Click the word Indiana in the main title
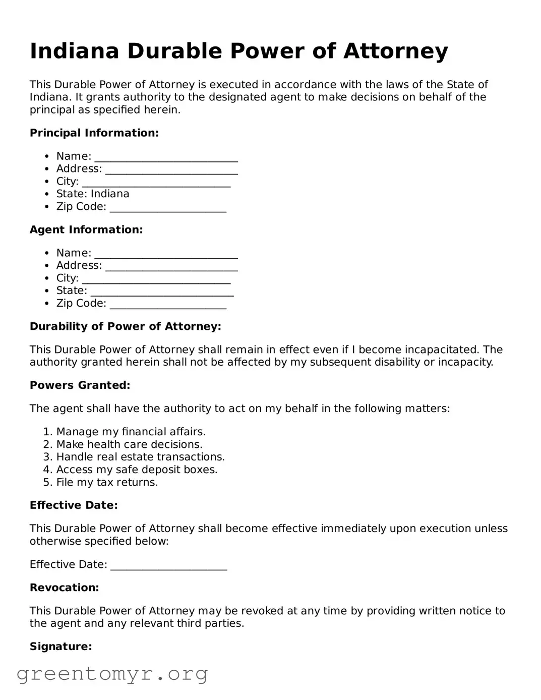(x=74, y=51)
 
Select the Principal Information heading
(x=94, y=133)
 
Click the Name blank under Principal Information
(x=166, y=157)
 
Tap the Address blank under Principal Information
(x=171, y=170)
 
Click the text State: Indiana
(x=93, y=194)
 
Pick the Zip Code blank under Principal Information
(x=168, y=208)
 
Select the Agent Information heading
(x=86, y=230)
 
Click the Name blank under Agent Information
(x=166, y=254)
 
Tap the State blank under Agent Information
(x=162, y=292)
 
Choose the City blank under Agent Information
(x=156, y=279)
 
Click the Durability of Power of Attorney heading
(x=126, y=327)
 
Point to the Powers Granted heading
(x=80, y=386)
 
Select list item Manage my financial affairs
(x=131, y=432)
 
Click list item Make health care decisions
(x=129, y=445)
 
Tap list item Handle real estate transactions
(x=140, y=457)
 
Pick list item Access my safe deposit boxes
(x=137, y=470)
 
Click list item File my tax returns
(x=107, y=483)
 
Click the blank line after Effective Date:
(x=168, y=566)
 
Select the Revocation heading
(x=64, y=588)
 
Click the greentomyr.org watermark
(x=112, y=674)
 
